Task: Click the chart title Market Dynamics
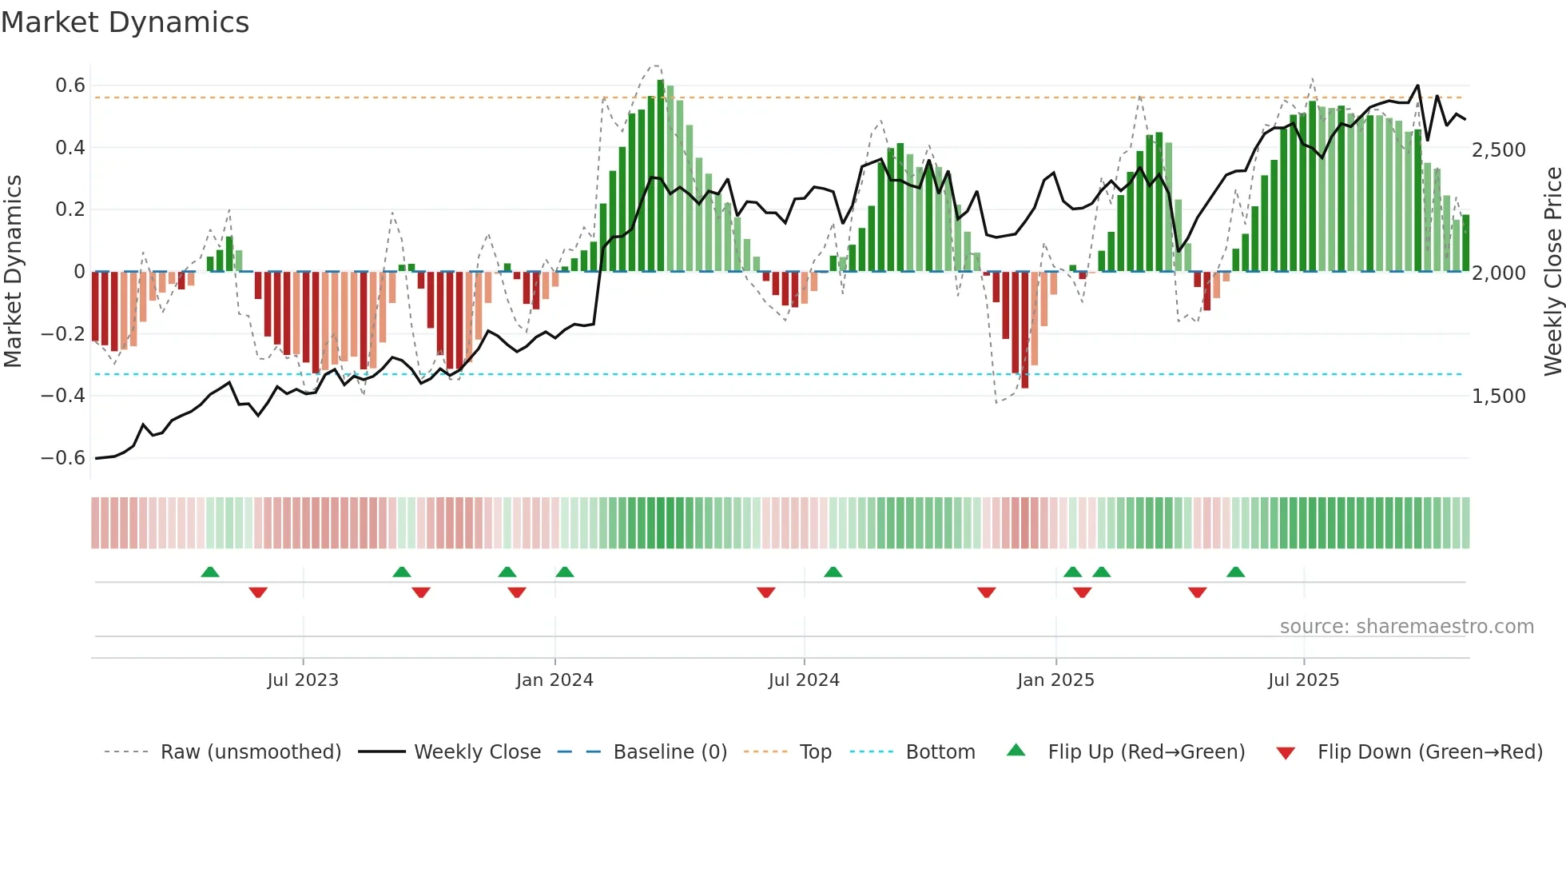pos(125,22)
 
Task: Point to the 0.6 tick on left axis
pos(70,86)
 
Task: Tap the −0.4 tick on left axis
pos(63,396)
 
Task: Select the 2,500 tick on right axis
pos(1499,150)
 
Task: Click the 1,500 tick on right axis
pos(1499,397)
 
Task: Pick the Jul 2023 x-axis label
pos(303,680)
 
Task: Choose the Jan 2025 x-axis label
pos(1055,680)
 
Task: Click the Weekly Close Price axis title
pos(1552,272)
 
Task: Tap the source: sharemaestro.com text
pos(1406,627)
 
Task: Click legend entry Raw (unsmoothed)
pos(250,752)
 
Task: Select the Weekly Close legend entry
pos(477,752)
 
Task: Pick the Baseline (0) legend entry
pos(670,752)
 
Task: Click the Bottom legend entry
pos(940,752)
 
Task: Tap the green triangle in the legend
pos(1016,750)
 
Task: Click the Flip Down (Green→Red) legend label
pos(1429,752)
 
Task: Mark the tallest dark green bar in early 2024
pos(661,176)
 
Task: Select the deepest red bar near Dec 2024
pos(1025,329)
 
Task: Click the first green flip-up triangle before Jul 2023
pos(210,572)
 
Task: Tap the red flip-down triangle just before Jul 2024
pos(766,592)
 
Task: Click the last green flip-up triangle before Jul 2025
pos(1235,572)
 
